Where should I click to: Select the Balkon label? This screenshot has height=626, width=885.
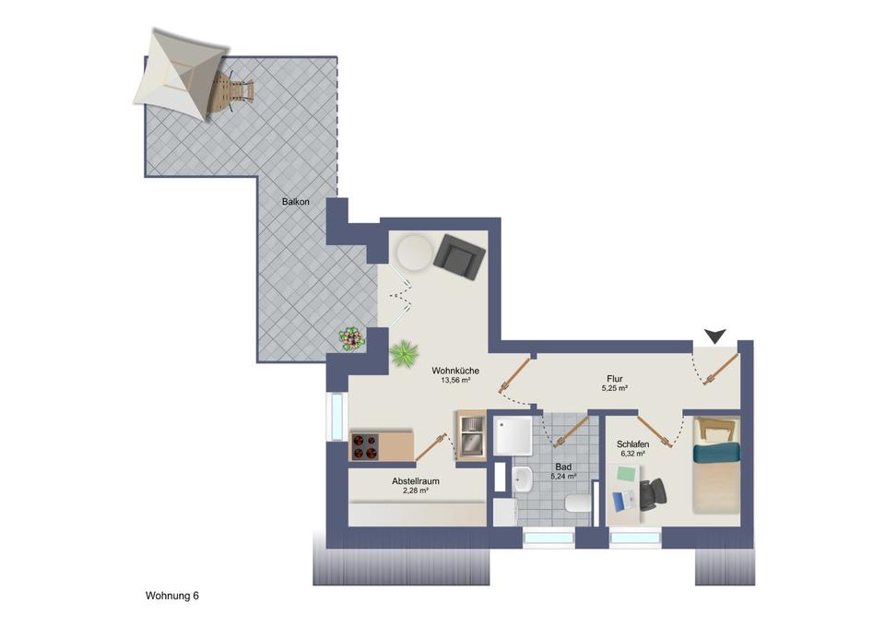point(295,201)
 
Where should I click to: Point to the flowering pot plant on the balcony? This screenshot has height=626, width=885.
point(351,339)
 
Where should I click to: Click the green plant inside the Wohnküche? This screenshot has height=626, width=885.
point(403,354)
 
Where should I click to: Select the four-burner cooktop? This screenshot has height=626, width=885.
point(364,446)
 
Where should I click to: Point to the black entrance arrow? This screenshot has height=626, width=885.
point(714,337)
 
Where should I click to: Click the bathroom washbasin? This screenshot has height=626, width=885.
point(522,478)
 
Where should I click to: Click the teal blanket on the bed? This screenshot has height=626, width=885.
point(717,453)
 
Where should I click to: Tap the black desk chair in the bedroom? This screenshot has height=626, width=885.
point(654,495)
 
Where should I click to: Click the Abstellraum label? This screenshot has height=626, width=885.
point(414,481)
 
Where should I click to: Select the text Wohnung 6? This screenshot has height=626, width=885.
point(172,596)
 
